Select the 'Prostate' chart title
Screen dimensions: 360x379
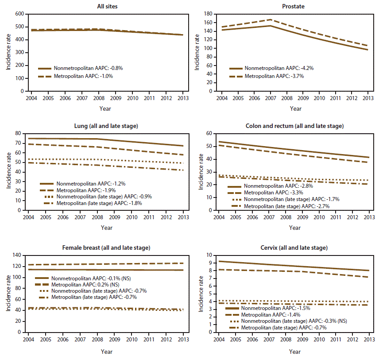pos(294,6)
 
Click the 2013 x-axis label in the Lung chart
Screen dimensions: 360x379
pos(183,218)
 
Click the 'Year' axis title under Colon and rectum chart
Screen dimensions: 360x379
pos(294,228)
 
